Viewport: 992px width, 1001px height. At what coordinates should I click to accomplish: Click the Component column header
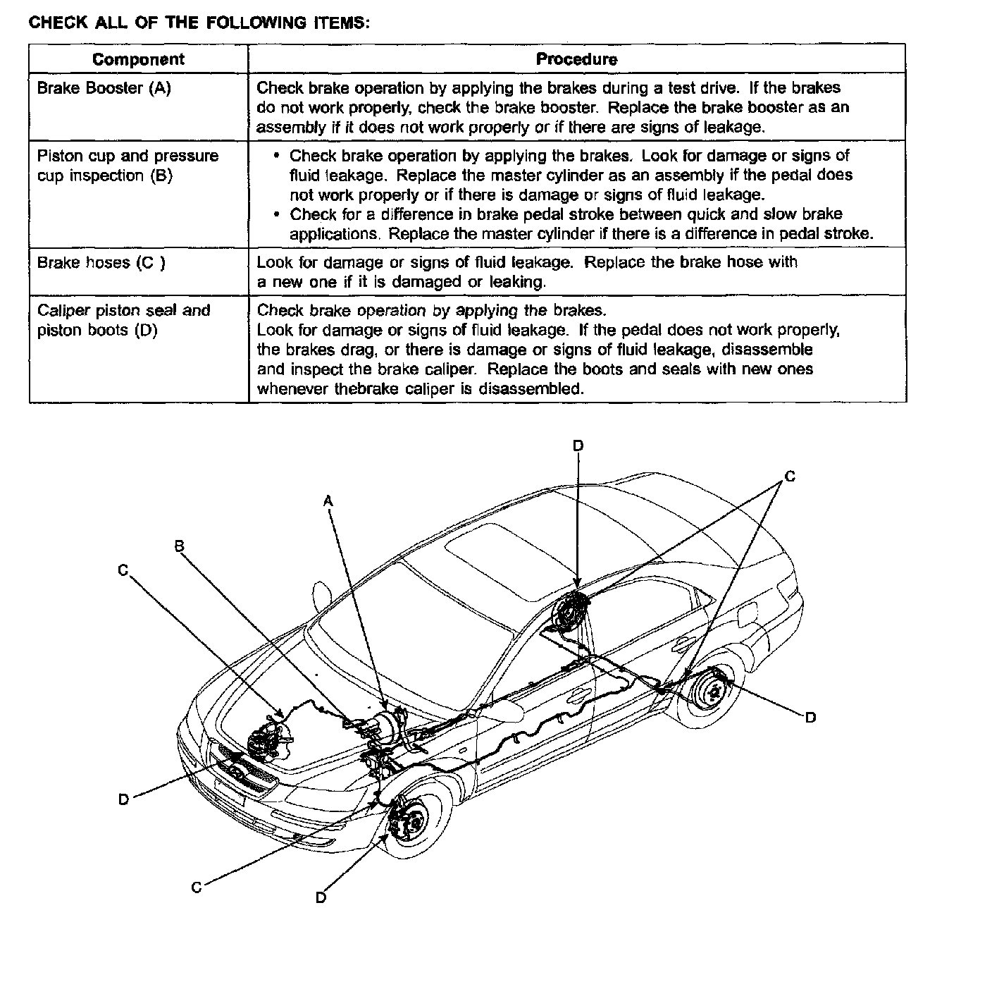[138, 59]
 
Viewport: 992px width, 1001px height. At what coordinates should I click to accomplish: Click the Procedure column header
[576, 59]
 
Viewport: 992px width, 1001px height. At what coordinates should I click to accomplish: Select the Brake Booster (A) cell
[104, 88]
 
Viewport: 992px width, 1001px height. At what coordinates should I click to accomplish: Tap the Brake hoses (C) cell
[101, 263]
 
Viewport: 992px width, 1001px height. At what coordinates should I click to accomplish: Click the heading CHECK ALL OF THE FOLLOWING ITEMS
[199, 22]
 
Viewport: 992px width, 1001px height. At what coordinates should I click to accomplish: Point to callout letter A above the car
[328, 500]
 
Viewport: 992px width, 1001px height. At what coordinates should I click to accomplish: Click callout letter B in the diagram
[179, 545]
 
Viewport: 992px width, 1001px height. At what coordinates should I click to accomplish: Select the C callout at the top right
[790, 477]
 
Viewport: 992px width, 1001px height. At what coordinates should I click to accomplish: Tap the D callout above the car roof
[578, 446]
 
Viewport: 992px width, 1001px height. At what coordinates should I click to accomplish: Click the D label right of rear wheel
[810, 717]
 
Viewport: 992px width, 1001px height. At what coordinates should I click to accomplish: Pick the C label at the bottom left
[197, 888]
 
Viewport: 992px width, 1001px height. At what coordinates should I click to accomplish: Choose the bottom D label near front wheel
[321, 897]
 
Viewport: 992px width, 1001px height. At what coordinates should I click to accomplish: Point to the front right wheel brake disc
[411, 821]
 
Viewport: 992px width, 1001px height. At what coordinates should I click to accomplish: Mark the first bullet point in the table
[275, 156]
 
